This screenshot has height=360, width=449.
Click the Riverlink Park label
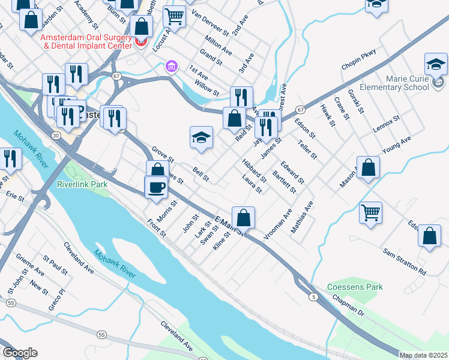82,184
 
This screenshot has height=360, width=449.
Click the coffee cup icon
156,187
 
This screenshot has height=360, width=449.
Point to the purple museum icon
171,65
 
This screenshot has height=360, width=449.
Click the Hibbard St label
254,171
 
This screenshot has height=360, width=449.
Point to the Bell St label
201,175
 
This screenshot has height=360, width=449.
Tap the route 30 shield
55,136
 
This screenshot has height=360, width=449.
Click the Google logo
20,353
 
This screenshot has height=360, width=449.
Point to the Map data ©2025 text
423,355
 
